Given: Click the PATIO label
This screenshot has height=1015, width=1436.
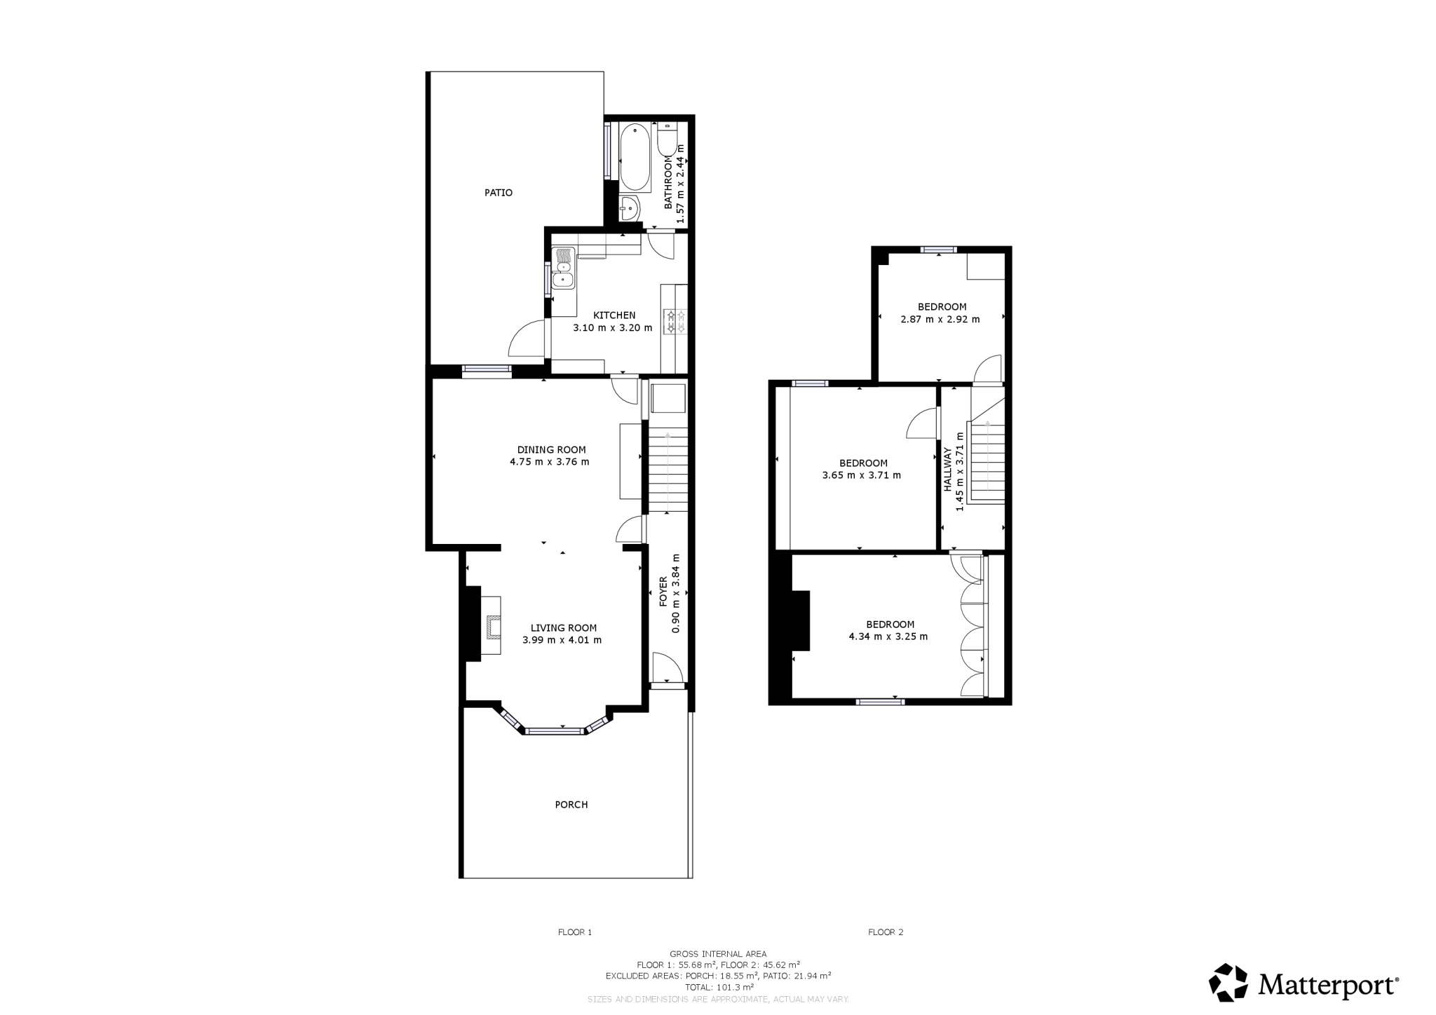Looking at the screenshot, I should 498,192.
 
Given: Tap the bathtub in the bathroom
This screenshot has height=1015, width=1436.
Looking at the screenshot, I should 636,157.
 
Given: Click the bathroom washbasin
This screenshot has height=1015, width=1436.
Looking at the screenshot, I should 629,208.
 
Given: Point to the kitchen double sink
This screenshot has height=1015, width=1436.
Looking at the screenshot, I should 562,269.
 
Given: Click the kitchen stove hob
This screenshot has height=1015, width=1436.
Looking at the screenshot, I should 675,322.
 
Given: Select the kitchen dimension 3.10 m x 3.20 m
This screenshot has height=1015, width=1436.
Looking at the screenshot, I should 612,328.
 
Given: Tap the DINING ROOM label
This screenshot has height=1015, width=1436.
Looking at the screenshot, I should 551,450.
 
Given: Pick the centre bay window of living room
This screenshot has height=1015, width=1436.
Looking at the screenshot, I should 555,731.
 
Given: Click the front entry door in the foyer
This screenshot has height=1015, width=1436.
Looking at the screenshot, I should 666,669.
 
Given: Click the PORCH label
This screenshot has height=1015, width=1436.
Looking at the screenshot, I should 571,805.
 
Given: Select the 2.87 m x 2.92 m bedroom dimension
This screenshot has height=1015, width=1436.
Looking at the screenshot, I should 940,319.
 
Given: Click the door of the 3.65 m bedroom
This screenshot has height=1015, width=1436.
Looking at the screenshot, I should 923,424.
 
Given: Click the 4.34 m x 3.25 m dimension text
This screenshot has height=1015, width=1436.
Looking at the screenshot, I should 888,637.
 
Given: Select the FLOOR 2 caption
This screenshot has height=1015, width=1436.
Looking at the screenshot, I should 886,932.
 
